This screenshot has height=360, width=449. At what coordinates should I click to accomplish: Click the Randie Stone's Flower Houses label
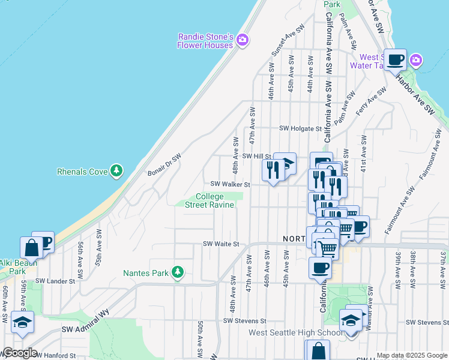coord(205,41)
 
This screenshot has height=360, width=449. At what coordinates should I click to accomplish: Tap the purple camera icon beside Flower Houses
coord(243,41)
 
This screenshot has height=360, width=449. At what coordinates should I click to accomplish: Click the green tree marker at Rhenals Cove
coord(116,172)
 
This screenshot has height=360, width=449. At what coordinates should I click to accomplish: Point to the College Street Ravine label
coord(209,200)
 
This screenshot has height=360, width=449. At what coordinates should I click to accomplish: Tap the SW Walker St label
coord(230,184)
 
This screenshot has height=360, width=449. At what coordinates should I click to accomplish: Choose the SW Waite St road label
coord(221,244)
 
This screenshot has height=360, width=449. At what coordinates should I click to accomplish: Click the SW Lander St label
coord(55,280)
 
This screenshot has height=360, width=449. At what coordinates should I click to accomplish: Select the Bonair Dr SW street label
coord(164,163)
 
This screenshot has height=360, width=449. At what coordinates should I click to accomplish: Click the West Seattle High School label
coord(288,333)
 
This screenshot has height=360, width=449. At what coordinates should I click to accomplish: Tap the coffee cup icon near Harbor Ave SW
coord(396,61)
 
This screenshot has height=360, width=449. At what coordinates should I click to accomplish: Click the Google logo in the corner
coord(19,353)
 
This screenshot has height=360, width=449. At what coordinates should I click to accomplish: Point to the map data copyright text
coord(412,355)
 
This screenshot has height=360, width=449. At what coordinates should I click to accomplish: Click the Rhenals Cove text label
coord(82,172)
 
